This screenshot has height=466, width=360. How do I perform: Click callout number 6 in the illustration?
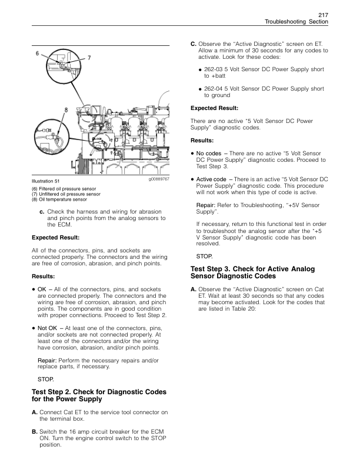point(38,54)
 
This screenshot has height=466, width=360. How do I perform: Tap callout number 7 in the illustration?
point(89,58)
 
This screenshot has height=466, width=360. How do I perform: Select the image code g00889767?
point(159,178)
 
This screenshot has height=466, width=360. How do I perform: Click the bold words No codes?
point(208,153)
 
